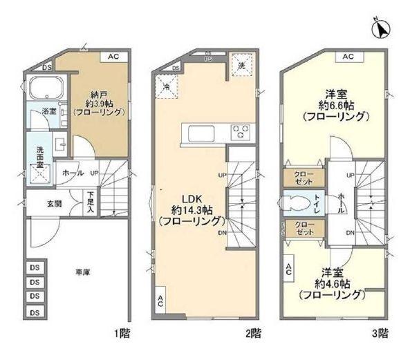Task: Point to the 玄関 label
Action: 54,203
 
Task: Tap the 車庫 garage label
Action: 82,272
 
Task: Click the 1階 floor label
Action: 122,333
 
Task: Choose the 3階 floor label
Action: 380,333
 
